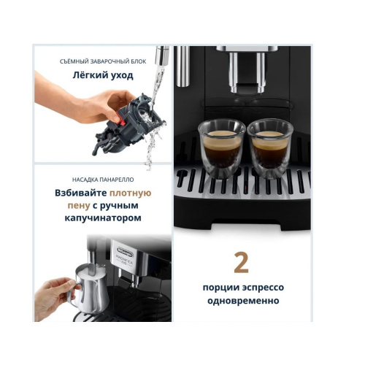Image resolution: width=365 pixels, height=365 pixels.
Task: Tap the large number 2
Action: (x=241, y=261)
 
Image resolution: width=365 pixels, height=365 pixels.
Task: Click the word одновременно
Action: (x=241, y=300)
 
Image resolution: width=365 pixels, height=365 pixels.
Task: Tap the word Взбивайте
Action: (x=81, y=193)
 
